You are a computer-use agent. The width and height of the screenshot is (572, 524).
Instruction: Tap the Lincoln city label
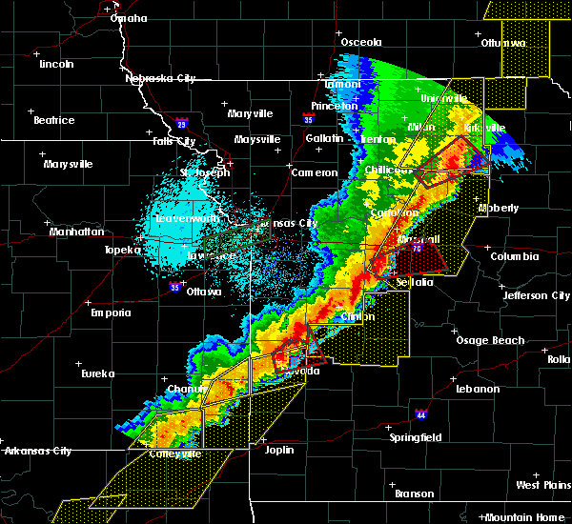coord(56,64)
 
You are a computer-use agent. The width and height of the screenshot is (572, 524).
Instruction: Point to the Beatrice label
coord(53,120)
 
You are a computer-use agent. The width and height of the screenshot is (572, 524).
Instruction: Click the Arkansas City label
coord(37,451)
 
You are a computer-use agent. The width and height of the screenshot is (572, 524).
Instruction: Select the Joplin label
coord(279,450)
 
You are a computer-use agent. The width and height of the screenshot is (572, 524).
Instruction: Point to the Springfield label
coord(417,437)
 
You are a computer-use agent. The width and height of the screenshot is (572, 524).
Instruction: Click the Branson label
coord(416,494)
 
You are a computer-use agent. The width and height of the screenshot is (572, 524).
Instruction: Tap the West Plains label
coord(541,485)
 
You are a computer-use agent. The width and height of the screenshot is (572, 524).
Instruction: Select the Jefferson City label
coord(537,295)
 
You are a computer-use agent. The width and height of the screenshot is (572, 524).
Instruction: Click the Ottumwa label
coord(503,43)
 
